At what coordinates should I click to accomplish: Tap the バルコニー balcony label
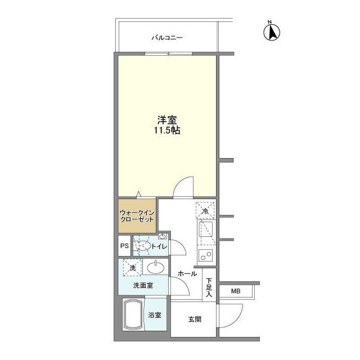click(x=167, y=38)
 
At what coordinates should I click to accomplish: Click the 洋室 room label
click(x=166, y=120)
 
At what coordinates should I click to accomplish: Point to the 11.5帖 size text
click(x=167, y=130)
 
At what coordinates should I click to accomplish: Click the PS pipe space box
click(x=124, y=246)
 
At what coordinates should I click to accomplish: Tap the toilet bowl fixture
click(x=143, y=245)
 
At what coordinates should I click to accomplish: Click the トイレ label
click(x=160, y=246)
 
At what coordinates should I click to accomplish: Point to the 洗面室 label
click(x=143, y=285)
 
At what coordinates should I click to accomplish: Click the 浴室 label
click(x=155, y=315)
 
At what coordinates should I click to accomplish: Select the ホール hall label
click(x=187, y=274)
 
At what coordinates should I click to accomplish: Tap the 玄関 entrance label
click(x=194, y=319)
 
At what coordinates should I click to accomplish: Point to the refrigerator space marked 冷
click(x=206, y=210)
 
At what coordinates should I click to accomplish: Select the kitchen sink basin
click(x=205, y=231)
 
